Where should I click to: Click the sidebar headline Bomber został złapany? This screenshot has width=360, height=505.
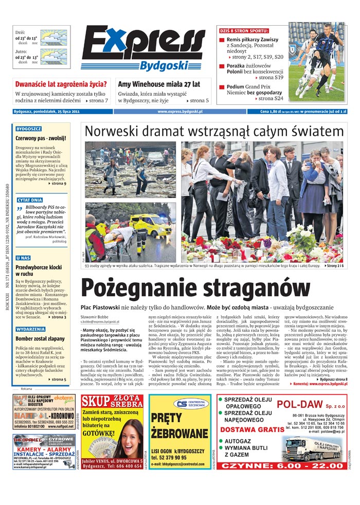[39, 339]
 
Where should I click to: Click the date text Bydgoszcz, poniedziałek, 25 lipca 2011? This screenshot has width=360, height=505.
[46, 111]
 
